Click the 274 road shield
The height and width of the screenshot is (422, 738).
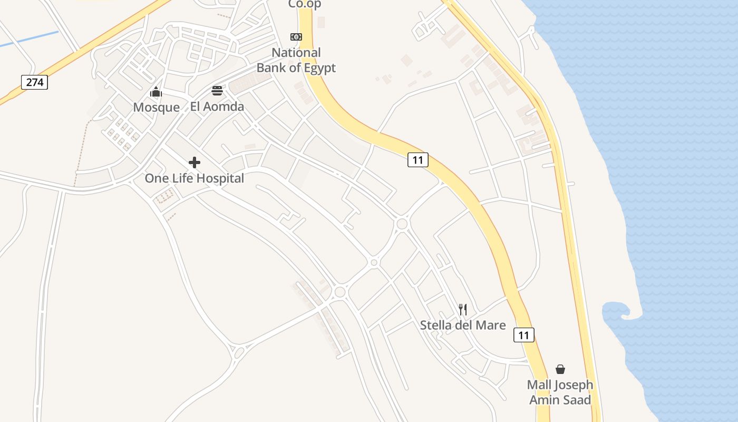pyautogui.click(x=35, y=82)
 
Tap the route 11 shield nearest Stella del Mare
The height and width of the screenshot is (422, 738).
pyautogui.click(x=523, y=335)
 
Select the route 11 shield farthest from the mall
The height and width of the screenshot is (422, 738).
pyautogui.click(x=417, y=160)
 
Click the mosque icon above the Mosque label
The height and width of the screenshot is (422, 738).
pyautogui.click(x=156, y=92)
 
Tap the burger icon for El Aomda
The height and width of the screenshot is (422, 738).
pyautogui.click(x=217, y=91)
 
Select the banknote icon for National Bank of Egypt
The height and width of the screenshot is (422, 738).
pyautogui.click(x=296, y=37)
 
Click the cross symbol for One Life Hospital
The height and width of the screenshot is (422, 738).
pyautogui.click(x=195, y=162)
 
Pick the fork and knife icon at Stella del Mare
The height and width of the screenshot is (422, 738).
pyautogui.click(x=463, y=310)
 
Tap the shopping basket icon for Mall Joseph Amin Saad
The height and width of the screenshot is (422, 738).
pyautogui.click(x=560, y=369)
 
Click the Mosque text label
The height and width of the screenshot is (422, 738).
pyautogui.click(x=156, y=108)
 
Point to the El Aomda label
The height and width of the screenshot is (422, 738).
pyautogui.click(x=217, y=107)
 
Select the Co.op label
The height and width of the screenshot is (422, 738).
pyautogui.click(x=305, y=4)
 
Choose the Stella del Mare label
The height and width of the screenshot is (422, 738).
pyautogui.click(x=463, y=325)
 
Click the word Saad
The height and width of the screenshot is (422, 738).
pyautogui.click(x=576, y=399)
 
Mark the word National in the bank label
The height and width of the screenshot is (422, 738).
pyautogui.click(x=296, y=53)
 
